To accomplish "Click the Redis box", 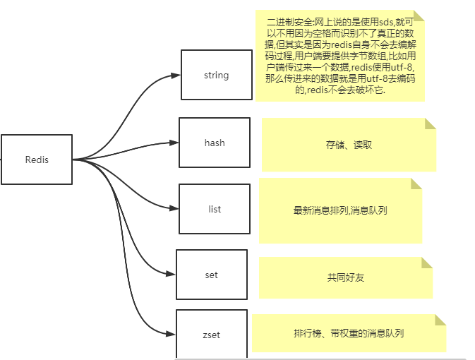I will [37, 160].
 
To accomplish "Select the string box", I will [216, 75].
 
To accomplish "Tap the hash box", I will [215, 143].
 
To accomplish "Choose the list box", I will [215, 209].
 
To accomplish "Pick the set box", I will [211, 275].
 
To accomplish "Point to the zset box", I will [211, 334].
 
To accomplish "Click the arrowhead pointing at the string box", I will [177, 76].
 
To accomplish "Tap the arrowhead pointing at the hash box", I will [175, 143].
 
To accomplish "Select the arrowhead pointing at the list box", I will [175, 208].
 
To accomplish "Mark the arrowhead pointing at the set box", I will [172, 273].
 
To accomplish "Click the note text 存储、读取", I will [349, 145].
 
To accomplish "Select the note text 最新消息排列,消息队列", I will [340, 210].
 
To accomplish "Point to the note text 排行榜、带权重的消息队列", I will [349, 333].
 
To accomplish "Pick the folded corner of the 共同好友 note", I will [427, 263].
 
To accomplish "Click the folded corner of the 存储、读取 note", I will [430, 124].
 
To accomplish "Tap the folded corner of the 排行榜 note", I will [440, 320].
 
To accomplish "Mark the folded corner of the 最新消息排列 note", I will [416, 184].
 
